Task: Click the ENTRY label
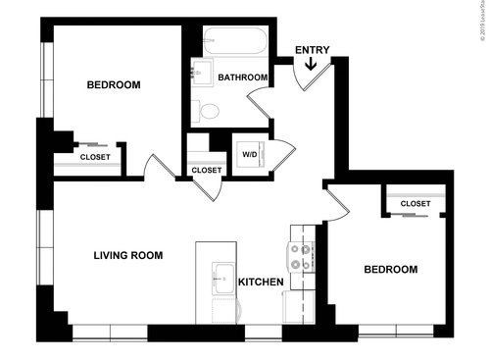click(x=312, y=50)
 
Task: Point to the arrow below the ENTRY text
click(x=312, y=65)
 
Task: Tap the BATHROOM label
click(x=243, y=77)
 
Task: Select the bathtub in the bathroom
click(x=233, y=42)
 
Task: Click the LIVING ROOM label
click(x=127, y=256)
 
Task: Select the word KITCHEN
click(x=261, y=283)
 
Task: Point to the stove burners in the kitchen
click(x=300, y=257)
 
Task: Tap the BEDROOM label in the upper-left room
click(x=114, y=85)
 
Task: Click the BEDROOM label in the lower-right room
click(x=390, y=270)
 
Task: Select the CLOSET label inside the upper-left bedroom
click(x=95, y=157)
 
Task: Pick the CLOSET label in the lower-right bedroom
click(x=416, y=204)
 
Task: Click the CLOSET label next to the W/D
click(x=207, y=171)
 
